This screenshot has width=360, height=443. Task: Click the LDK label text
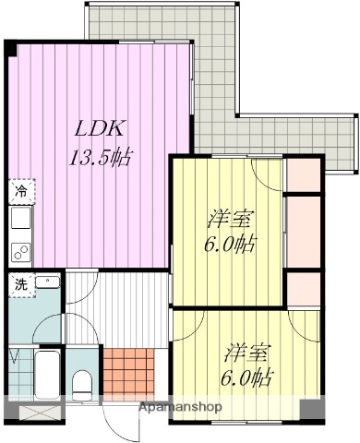click(x=94, y=127)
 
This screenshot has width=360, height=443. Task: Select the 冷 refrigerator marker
click(x=19, y=192)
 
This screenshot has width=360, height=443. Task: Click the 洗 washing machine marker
click(x=19, y=284)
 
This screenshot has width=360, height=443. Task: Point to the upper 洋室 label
click(x=231, y=221)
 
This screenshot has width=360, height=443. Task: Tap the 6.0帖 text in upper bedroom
click(x=231, y=245)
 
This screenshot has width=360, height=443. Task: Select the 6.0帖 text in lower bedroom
click(x=246, y=377)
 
